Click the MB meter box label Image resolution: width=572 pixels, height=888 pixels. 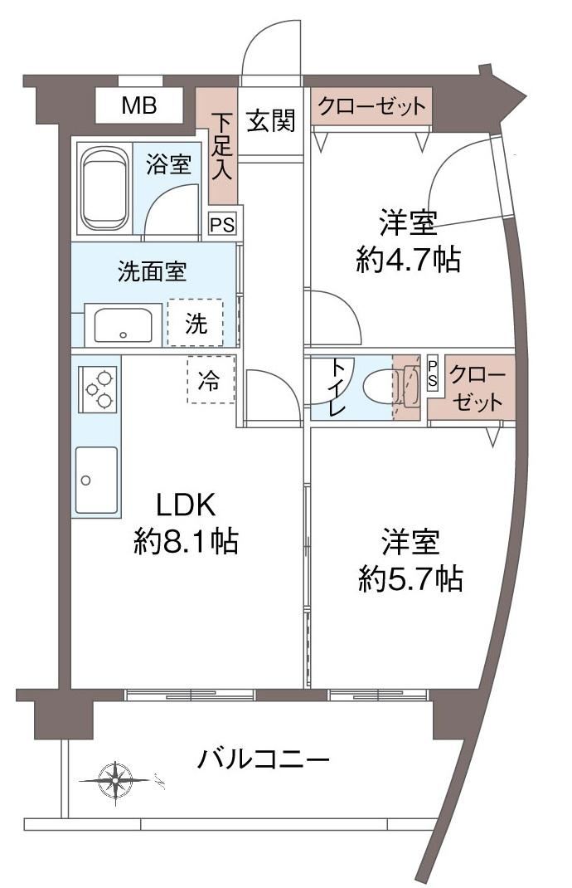tap(140, 105)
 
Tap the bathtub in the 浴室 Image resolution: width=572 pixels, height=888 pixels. tap(104, 190)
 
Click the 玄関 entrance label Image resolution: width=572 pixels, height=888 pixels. tap(272, 120)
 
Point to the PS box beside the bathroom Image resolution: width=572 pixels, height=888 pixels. tap(222, 224)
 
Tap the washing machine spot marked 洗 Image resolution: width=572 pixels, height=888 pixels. tap(196, 324)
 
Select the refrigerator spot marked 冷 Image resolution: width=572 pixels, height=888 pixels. tap(210, 380)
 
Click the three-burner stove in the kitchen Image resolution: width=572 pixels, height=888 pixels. tap(98, 389)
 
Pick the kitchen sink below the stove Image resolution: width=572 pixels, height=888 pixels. tap(96, 481)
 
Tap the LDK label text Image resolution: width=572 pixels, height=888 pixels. tap(187, 505)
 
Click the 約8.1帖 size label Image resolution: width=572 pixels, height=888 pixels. tap(187, 541)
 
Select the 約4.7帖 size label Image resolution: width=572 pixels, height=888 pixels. tap(408, 260)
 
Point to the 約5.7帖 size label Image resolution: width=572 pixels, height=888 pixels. tap(410, 578)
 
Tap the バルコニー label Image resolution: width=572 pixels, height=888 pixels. tap(264, 759)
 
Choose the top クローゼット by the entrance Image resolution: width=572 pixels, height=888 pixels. tap(371, 106)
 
